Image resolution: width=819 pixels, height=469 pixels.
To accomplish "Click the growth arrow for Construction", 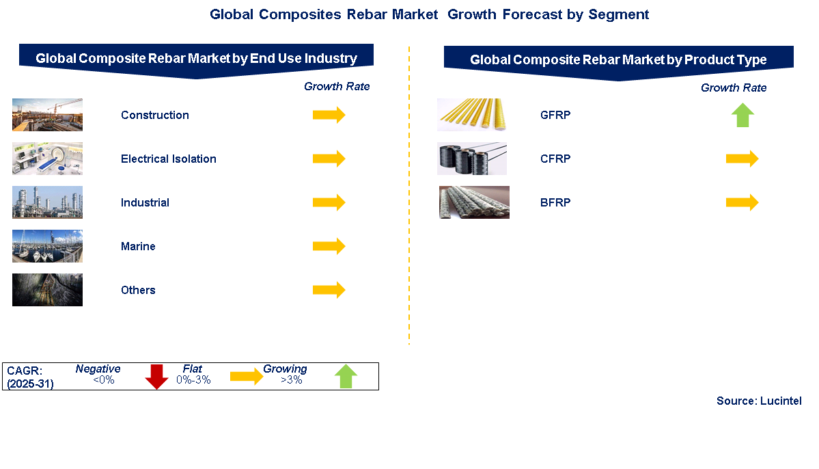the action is pos(329,115).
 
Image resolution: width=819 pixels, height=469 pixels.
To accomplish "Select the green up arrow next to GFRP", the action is pos(742,115).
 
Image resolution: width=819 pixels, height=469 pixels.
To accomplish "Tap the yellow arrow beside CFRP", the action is pos(742,159).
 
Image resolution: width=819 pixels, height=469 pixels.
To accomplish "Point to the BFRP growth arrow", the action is pos(742,202).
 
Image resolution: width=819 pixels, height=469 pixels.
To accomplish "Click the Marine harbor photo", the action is pos(48,246).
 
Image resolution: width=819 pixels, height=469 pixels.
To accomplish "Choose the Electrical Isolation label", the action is pos(169,159).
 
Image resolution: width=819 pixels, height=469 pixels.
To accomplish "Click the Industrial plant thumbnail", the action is pos(48,202).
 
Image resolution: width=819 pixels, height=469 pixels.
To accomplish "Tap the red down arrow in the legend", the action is pos(156,377).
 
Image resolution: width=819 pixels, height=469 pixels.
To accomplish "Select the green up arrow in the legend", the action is pos(346,377).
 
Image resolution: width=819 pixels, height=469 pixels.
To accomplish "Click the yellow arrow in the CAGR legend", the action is pos(247,376).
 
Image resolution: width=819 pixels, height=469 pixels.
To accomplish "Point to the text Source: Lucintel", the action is pos(759,401).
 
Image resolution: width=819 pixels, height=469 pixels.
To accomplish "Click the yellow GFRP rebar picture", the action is pos(471,114).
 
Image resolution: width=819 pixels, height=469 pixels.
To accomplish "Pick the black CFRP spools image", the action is pos(472,159).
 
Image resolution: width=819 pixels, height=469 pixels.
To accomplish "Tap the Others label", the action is pos(138,290).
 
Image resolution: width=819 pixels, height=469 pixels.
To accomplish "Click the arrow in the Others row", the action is pos(329,290).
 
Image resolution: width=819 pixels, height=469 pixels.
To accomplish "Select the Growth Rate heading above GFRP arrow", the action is pos(734,88).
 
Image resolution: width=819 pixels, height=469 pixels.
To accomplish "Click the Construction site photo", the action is pos(48,114).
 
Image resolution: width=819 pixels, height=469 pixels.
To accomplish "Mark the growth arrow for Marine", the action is pos(329,245).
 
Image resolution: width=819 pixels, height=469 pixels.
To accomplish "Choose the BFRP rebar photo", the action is pos(474,202).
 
